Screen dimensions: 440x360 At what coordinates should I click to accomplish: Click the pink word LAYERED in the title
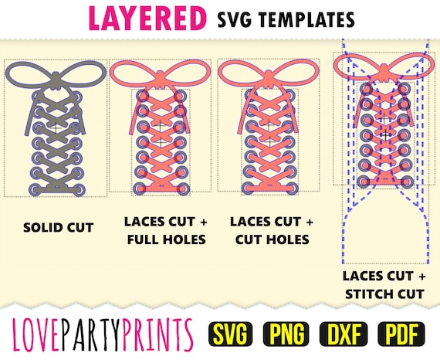[147, 18]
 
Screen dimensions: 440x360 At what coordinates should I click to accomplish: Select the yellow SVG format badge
[230, 334]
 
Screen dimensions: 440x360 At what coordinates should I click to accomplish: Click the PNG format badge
[286, 334]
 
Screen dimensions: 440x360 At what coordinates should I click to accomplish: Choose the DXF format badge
[344, 334]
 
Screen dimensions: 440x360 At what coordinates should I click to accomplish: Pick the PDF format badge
[401, 334]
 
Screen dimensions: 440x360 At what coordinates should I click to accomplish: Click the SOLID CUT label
[59, 227]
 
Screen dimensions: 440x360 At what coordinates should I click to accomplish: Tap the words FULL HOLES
[167, 239]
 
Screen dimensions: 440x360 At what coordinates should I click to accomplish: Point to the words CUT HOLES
[272, 239]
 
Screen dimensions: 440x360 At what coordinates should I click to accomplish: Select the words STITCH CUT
[384, 294]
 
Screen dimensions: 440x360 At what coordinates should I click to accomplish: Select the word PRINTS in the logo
[158, 335]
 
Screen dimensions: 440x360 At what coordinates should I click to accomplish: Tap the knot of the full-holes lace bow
[161, 76]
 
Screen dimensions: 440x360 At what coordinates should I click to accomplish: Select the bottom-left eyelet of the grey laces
[36, 189]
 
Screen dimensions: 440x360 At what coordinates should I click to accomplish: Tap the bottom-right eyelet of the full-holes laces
[183, 188]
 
